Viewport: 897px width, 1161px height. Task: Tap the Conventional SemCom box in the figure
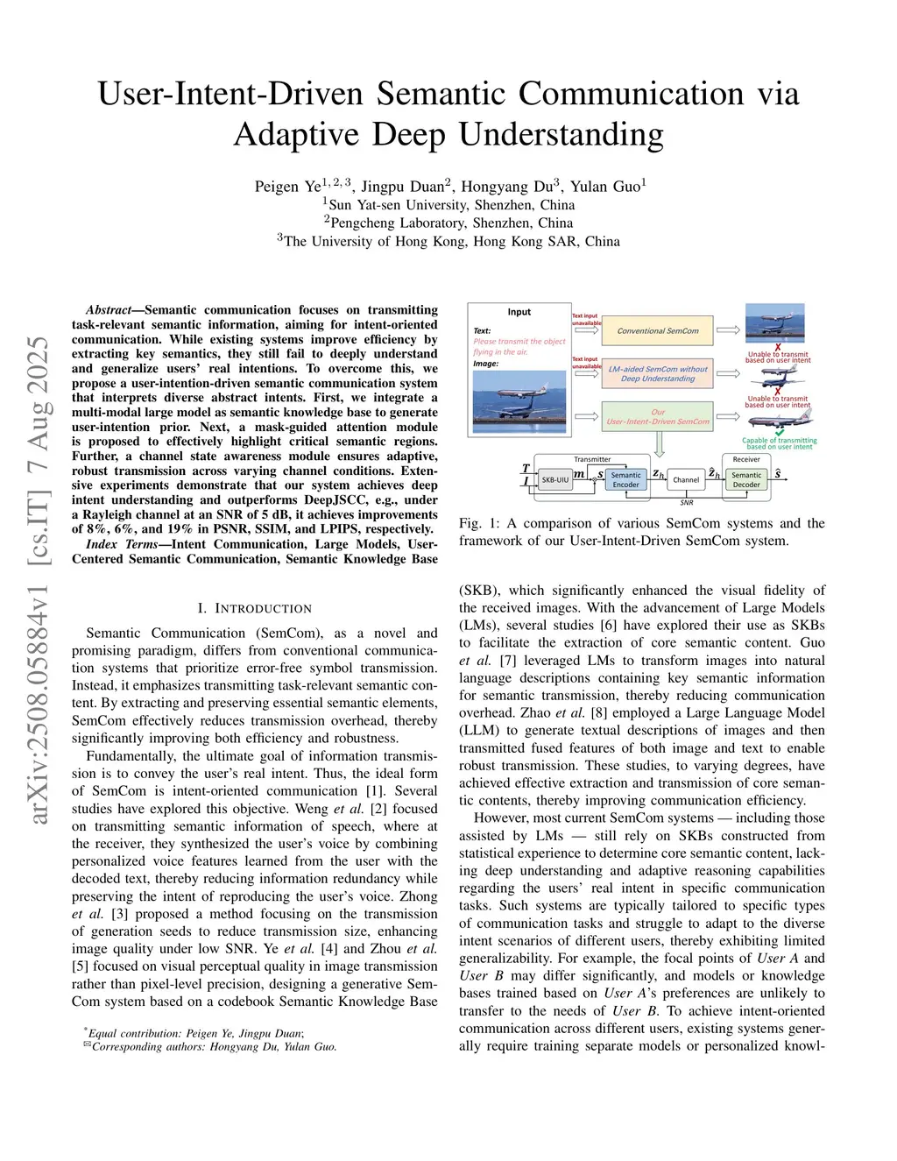click(x=658, y=330)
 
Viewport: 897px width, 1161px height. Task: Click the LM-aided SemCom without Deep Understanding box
click(x=658, y=373)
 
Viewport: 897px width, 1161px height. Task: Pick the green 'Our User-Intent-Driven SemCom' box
click(x=658, y=416)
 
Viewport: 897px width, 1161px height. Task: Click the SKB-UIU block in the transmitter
click(x=555, y=479)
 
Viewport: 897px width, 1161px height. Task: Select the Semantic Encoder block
click(x=625, y=479)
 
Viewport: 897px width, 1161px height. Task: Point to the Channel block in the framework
click(x=686, y=479)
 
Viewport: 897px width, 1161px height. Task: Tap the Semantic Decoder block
click(x=746, y=479)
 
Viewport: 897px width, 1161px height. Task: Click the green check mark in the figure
click(x=779, y=432)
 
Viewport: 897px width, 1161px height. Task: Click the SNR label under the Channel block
click(x=686, y=503)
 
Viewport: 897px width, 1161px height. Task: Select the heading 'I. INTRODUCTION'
click(x=254, y=608)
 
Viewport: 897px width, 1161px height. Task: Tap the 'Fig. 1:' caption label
click(x=478, y=523)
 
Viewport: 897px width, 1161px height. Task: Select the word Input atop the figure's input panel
click(x=519, y=312)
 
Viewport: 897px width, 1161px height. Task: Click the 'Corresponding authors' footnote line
click(x=210, y=1046)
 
